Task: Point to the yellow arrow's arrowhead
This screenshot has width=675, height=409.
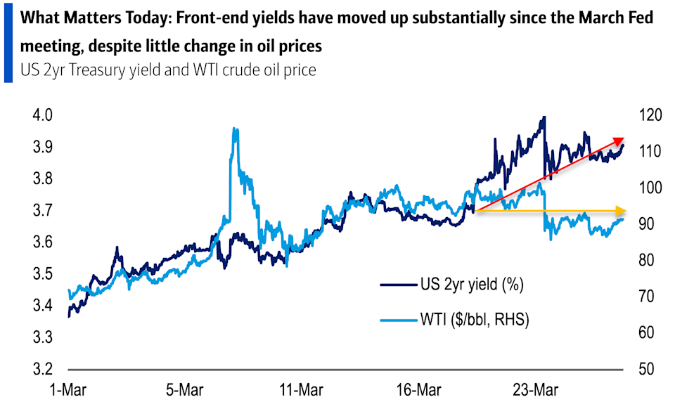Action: (620, 211)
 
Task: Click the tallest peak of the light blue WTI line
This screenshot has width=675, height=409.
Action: (235, 129)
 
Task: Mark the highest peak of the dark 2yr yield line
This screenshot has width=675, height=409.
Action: (543, 118)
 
